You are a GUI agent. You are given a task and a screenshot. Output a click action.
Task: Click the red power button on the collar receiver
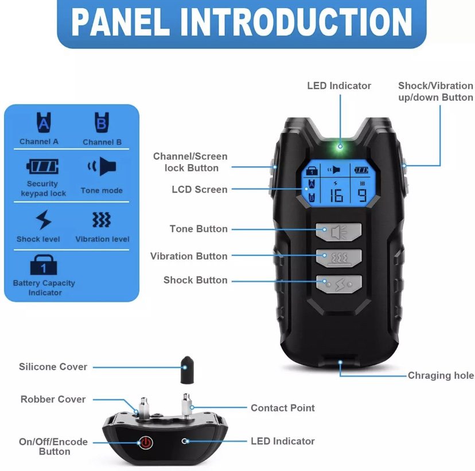(146, 442)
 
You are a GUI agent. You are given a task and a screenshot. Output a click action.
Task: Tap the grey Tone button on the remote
(338, 232)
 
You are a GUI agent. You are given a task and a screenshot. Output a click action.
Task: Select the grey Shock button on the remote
(338, 284)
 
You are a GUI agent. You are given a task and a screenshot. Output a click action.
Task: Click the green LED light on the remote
(340, 146)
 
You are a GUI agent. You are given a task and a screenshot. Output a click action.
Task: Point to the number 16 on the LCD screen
(336, 196)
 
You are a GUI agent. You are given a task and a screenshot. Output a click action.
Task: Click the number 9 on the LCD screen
(363, 196)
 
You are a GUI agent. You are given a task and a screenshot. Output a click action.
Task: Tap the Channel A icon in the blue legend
(44, 122)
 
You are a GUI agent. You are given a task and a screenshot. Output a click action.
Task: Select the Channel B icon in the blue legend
(102, 122)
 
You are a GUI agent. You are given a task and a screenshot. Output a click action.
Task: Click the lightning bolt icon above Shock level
(44, 220)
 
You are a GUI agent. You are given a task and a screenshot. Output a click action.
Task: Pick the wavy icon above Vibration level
(102, 220)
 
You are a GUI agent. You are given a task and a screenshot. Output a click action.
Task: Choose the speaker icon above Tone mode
(102, 166)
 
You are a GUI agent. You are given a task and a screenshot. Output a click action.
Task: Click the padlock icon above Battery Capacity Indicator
(44, 264)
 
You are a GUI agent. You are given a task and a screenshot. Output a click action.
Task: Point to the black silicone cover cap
(188, 370)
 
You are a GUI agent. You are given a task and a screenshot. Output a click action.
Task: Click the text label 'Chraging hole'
(441, 375)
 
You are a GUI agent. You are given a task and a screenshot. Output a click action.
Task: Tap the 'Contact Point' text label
(283, 408)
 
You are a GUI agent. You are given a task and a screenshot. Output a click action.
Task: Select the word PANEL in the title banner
(120, 22)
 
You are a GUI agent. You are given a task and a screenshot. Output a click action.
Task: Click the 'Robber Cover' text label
(53, 399)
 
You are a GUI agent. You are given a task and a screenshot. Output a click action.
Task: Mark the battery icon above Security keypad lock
(42, 166)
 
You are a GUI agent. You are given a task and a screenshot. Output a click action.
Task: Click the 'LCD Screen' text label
(199, 189)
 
